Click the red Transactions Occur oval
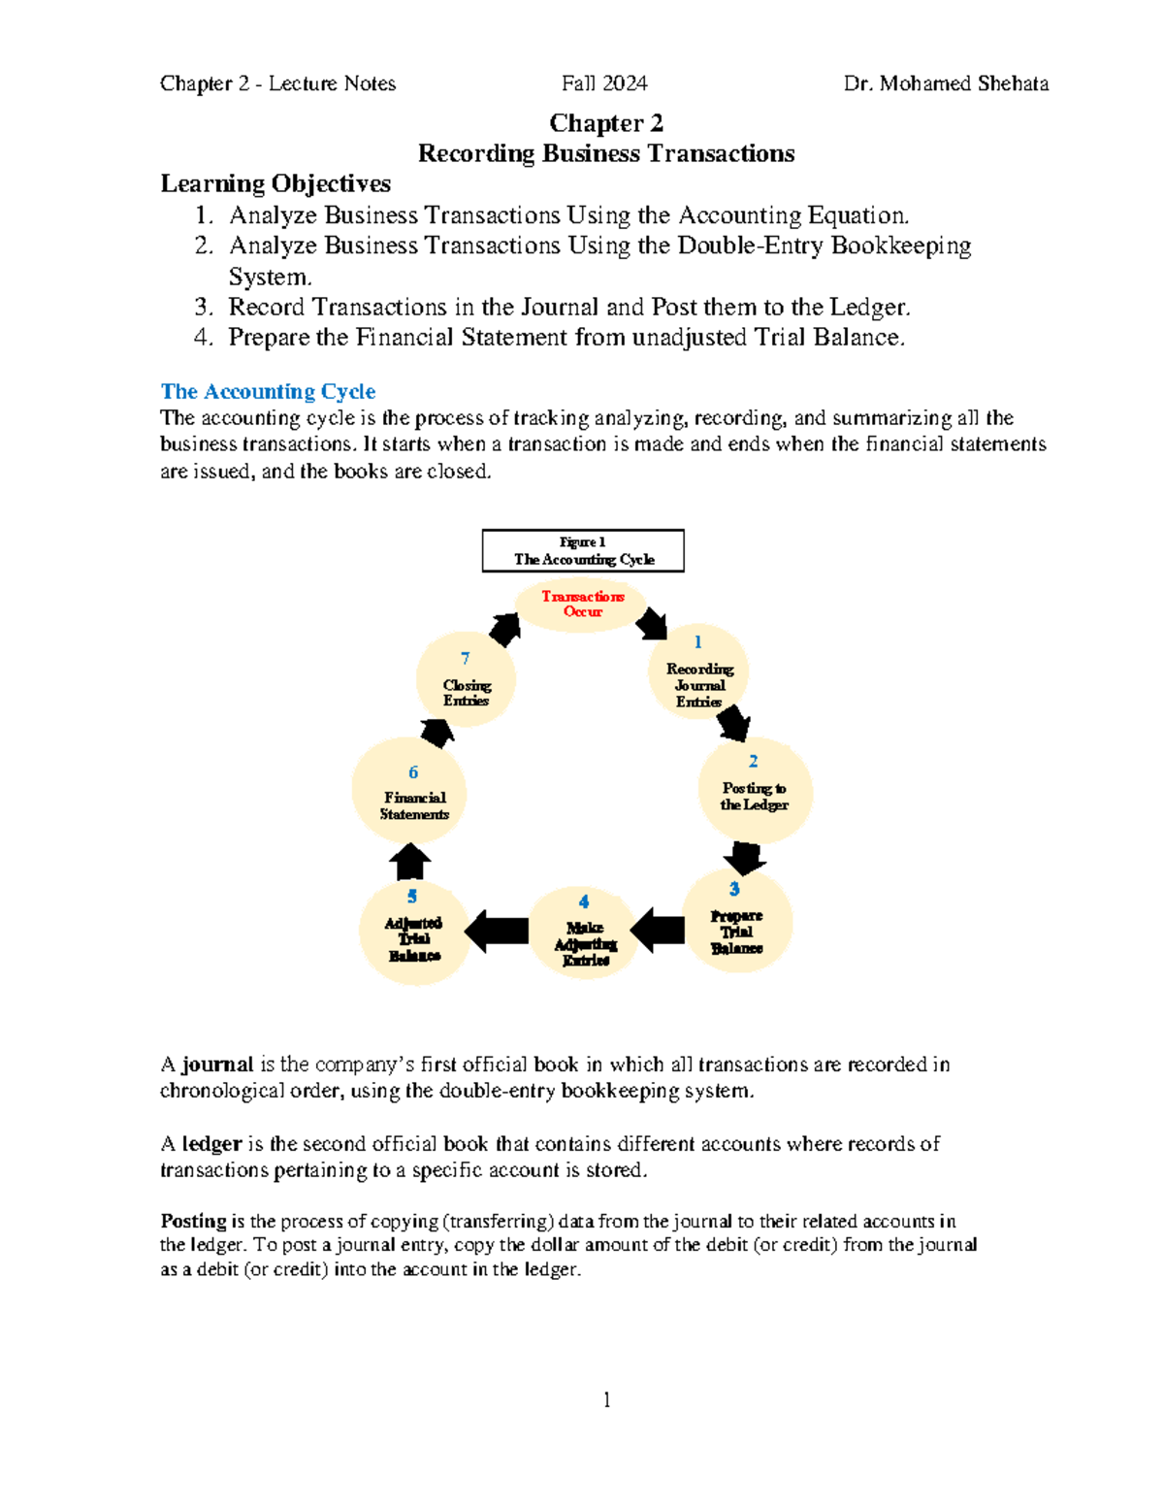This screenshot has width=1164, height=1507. click(582, 605)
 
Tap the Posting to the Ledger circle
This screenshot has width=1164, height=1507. click(754, 790)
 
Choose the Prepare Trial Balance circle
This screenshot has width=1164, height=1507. click(736, 922)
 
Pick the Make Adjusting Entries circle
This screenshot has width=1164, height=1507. click(584, 933)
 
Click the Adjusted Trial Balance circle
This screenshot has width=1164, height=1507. click(414, 933)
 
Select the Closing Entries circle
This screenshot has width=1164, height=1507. click(466, 680)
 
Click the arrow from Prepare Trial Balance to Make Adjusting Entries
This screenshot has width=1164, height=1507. click(660, 930)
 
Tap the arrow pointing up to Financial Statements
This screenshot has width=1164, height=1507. click(409, 861)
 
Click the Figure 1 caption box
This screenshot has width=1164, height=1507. click(583, 550)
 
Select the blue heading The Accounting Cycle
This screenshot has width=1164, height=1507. click(268, 391)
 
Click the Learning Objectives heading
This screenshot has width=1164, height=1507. click(275, 183)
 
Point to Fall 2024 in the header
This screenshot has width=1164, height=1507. click(604, 83)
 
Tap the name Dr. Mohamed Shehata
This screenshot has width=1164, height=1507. click(946, 83)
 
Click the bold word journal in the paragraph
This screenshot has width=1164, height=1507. click(217, 1065)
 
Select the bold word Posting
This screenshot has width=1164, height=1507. click(193, 1221)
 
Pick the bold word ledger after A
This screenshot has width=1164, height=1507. click(211, 1144)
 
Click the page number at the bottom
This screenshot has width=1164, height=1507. click(606, 1399)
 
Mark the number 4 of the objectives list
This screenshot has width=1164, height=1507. click(202, 337)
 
